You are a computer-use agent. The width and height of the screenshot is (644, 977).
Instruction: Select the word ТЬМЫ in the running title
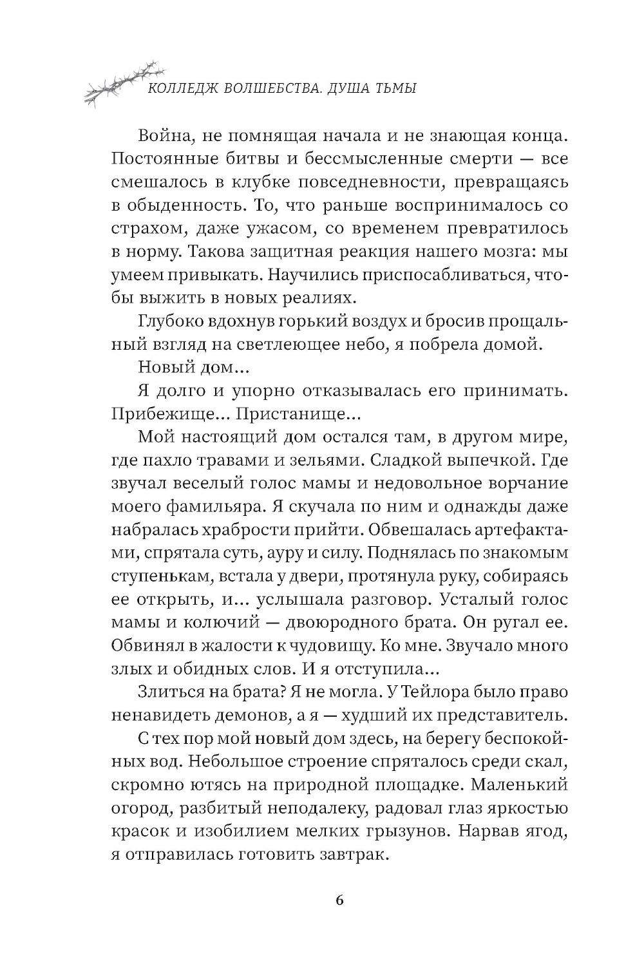tap(395, 90)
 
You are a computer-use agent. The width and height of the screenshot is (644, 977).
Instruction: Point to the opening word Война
tap(160, 137)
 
